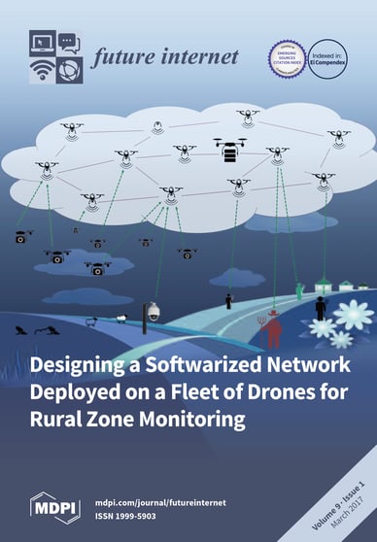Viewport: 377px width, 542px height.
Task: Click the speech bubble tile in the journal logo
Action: tap(68, 43)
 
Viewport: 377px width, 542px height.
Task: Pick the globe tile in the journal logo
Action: tap(68, 70)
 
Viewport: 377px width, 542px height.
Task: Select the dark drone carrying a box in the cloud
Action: tap(230, 150)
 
